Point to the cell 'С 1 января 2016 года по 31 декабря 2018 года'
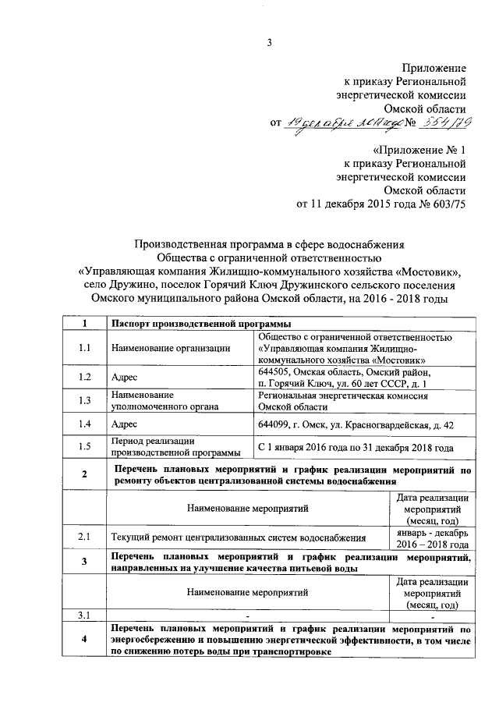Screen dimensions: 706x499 click(x=356, y=447)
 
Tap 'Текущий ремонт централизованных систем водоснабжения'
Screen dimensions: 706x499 click(x=239, y=537)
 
